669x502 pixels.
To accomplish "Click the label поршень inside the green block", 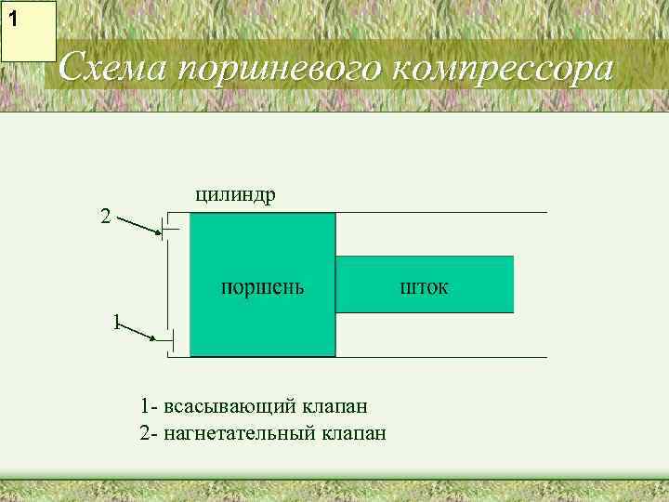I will [262, 285].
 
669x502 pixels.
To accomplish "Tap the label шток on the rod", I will [424, 285].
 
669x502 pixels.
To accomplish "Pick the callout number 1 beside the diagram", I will [115, 322].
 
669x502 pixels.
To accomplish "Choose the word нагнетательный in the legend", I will [240, 433].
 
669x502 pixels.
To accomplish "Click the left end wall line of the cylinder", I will [167, 284].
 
